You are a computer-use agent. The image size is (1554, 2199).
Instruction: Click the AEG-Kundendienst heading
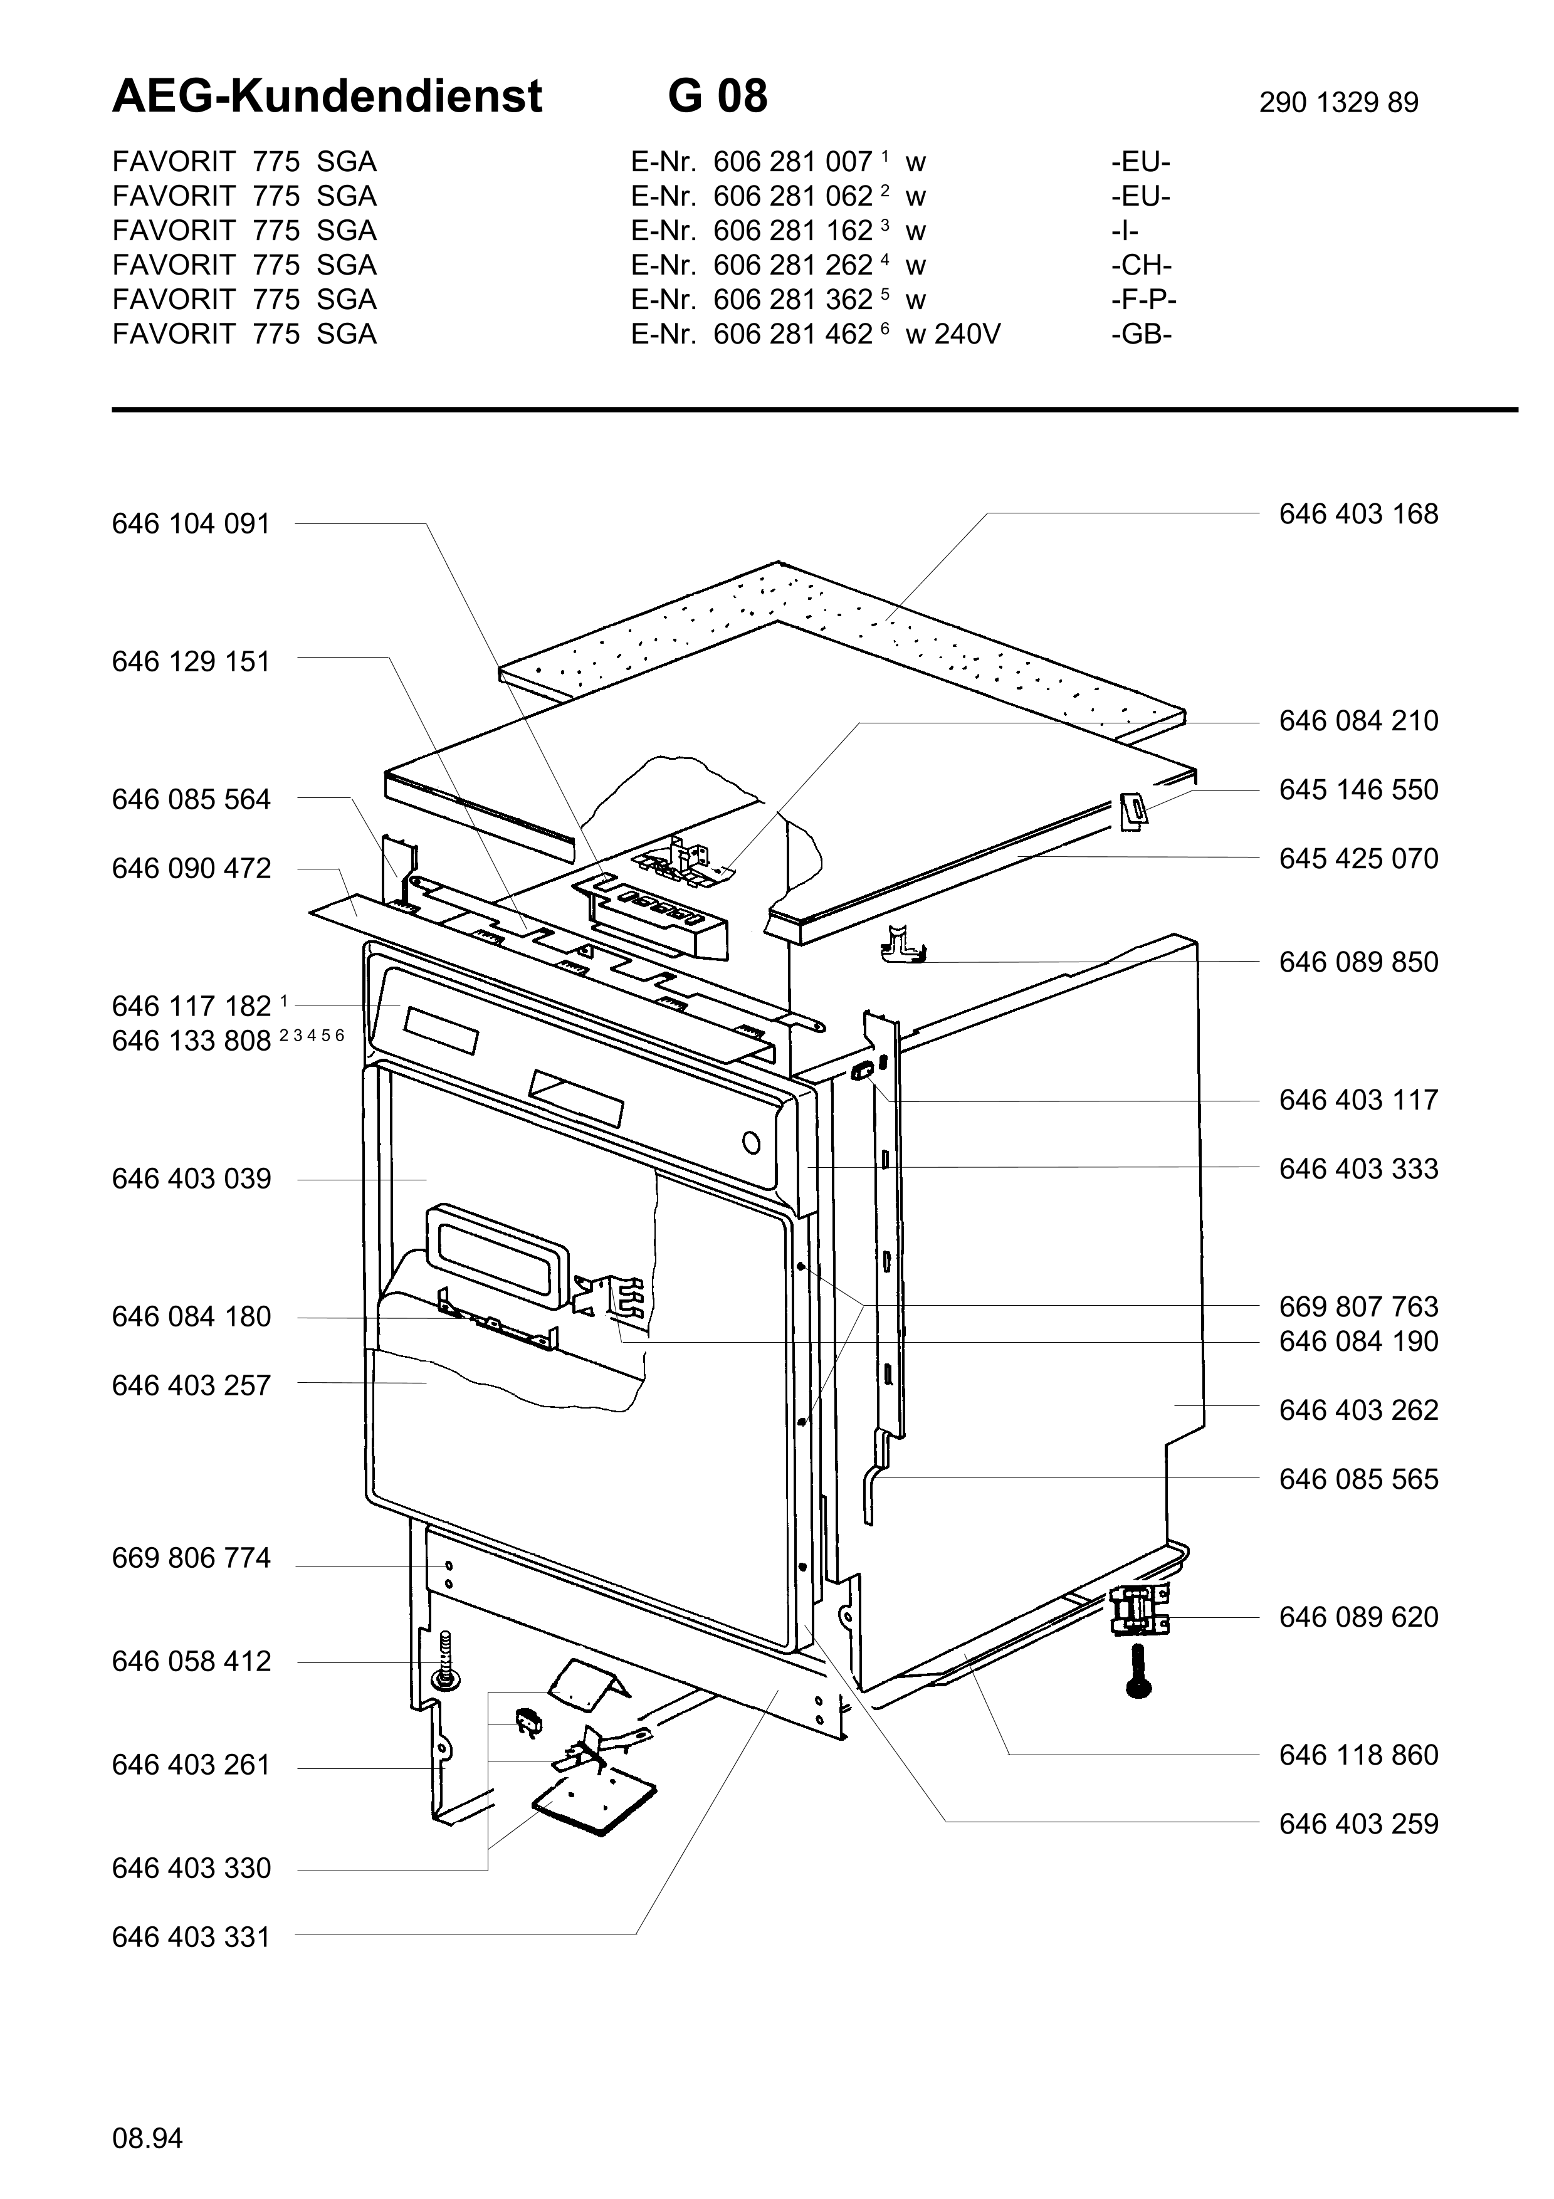tap(327, 97)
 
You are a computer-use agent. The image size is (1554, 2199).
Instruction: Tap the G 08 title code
tap(718, 97)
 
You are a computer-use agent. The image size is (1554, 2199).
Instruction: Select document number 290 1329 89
tap(1338, 102)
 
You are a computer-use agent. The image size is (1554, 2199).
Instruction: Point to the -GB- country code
tap(1142, 334)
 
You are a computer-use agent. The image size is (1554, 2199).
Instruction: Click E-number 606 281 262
tap(793, 265)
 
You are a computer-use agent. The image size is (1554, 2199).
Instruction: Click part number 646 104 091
tap(191, 524)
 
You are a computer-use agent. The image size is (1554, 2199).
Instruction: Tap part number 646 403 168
tap(1358, 514)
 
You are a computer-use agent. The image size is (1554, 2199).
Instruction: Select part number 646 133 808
tap(191, 1041)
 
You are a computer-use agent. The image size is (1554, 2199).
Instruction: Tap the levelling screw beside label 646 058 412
tap(445, 1662)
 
